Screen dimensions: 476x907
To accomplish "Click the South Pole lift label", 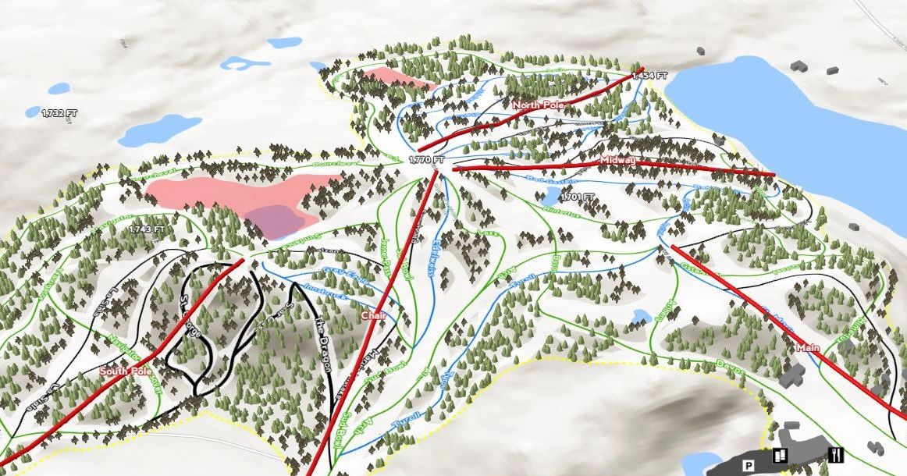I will tap(126, 371).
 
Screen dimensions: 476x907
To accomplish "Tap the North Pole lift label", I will tap(538, 104).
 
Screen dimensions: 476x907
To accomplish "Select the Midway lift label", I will tap(619, 160).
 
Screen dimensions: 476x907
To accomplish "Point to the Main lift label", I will tap(808, 347).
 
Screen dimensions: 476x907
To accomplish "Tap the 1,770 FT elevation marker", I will tap(426, 160).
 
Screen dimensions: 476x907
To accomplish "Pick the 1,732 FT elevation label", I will tap(60, 113).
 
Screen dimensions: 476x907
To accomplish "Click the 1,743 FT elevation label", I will tap(148, 229).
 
